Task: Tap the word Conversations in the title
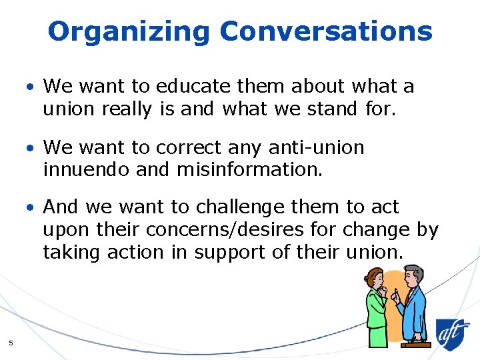click(326, 31)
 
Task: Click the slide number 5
click(11, 343)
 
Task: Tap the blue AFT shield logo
click(453, 332)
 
